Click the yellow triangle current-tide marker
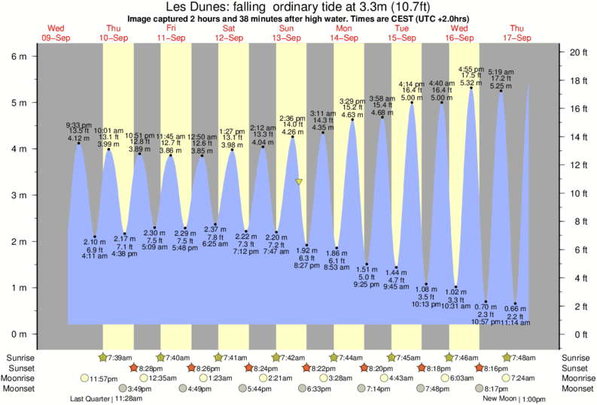tap(300, 183)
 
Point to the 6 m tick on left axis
tap(21, 56)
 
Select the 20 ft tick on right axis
tap(577, 52)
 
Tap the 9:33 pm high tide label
tap(78, 124)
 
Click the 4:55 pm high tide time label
tap(472, 68)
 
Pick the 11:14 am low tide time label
tap(516, 322)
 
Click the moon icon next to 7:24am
tap(507, 378)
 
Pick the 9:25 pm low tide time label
tap(367, 284)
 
